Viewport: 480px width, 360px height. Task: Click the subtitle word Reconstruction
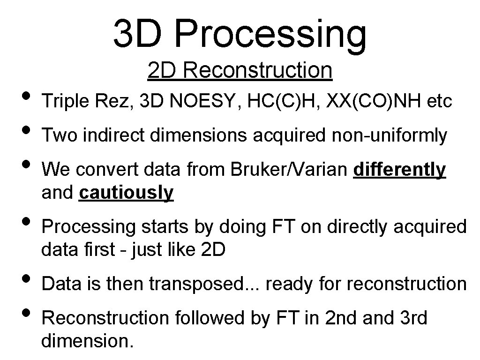tap(258, 70)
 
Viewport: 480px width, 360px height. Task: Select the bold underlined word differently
tap(399, 170)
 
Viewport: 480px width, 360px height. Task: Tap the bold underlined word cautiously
tap(127, 192)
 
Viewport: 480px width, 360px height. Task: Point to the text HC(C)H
tap(275, 101)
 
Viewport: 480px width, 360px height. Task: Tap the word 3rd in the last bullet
tap(414, 318)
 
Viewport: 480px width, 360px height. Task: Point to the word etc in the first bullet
tap(440, 101)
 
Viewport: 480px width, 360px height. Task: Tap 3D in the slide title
tap(141, 34)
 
